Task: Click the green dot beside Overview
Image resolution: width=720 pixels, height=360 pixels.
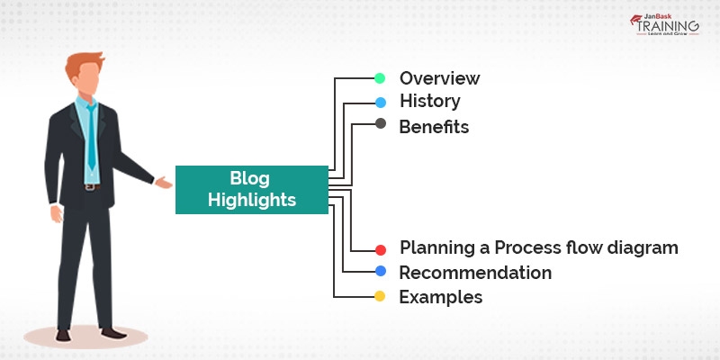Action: point(380,77)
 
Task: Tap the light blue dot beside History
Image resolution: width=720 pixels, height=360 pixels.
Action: point(380,102)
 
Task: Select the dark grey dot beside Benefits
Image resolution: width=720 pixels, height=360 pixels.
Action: point(380,124)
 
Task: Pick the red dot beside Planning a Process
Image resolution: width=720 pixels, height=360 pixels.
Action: point(380,249)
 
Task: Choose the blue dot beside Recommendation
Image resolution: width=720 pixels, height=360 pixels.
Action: point(380,272)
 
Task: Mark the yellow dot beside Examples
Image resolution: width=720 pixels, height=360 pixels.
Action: point(380,296)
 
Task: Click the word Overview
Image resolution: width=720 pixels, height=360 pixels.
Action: point(440,77)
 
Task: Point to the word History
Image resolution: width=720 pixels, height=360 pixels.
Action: point(430,102)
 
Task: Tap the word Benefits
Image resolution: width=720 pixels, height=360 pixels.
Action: point(434,126)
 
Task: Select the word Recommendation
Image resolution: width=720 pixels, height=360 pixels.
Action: point(475,272)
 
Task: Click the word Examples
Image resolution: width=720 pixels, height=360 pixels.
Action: point(441,296)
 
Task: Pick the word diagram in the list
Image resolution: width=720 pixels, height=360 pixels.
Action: point(642,247)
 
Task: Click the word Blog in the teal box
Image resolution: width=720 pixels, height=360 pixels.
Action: point(251,178)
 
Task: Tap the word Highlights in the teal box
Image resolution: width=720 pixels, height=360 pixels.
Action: point(251,200)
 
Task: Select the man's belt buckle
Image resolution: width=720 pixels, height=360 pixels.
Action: point(89,187)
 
